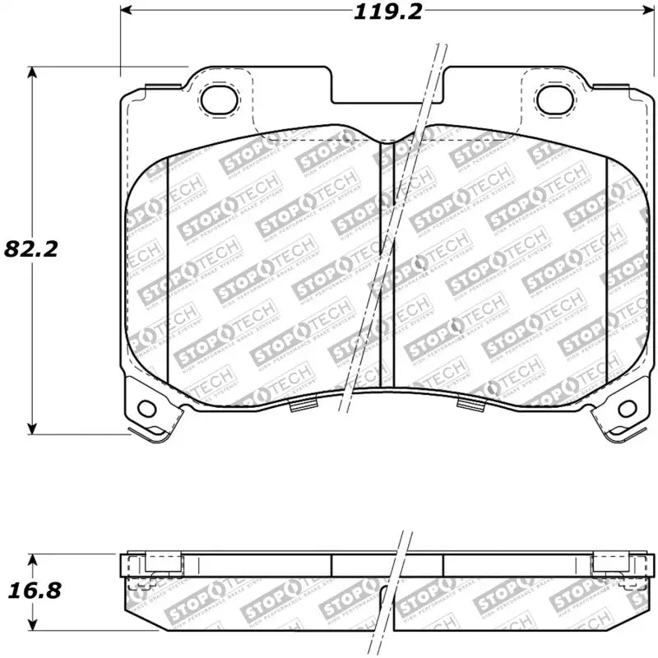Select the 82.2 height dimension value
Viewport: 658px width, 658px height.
pyautogui.click(x=31, y=248)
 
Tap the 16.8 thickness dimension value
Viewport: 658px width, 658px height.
pyautogui.click(x=31, y=591)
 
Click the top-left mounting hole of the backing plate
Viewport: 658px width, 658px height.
pyautogui.click(x=218, y=100)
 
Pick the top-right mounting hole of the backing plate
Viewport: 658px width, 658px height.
pyautogui.click(x=553, y=100)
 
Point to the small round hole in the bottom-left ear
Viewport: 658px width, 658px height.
pyautogui.click(x=147, y=407)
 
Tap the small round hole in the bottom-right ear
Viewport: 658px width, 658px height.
pyautogui.click(x=626, y=407)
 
